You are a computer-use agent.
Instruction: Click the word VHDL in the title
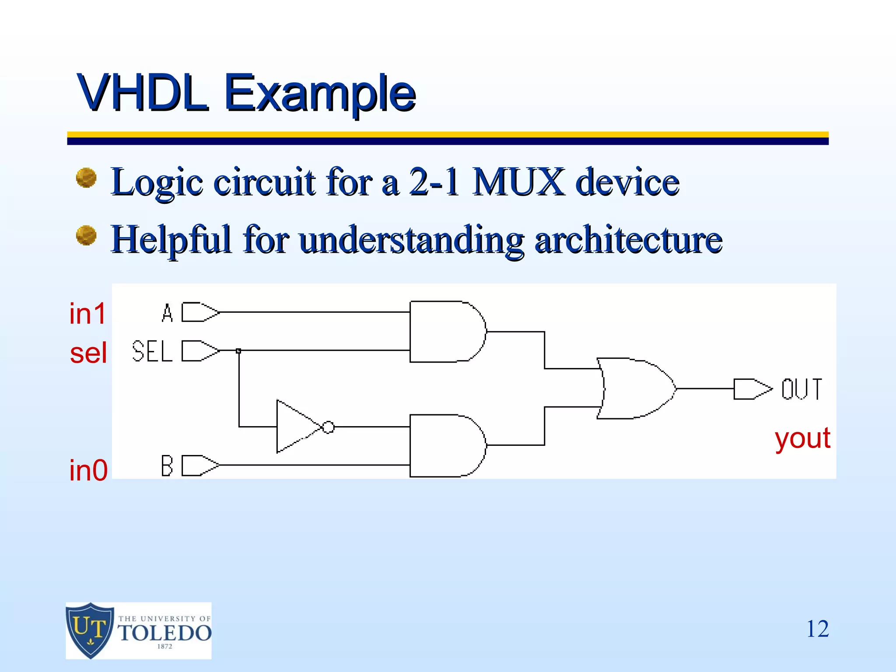142,93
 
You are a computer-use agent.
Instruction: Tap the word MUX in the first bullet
518,182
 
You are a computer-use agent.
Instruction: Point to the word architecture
628,239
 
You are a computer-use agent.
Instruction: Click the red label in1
87,314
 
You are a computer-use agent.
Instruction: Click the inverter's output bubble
328,427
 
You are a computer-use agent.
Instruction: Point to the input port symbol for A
200,312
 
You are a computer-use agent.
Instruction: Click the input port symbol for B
200,465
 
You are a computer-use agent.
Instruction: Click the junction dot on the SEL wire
238,351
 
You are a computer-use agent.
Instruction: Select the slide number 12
817,629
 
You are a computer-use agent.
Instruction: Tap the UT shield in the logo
90,630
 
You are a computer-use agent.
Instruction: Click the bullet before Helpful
86,235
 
